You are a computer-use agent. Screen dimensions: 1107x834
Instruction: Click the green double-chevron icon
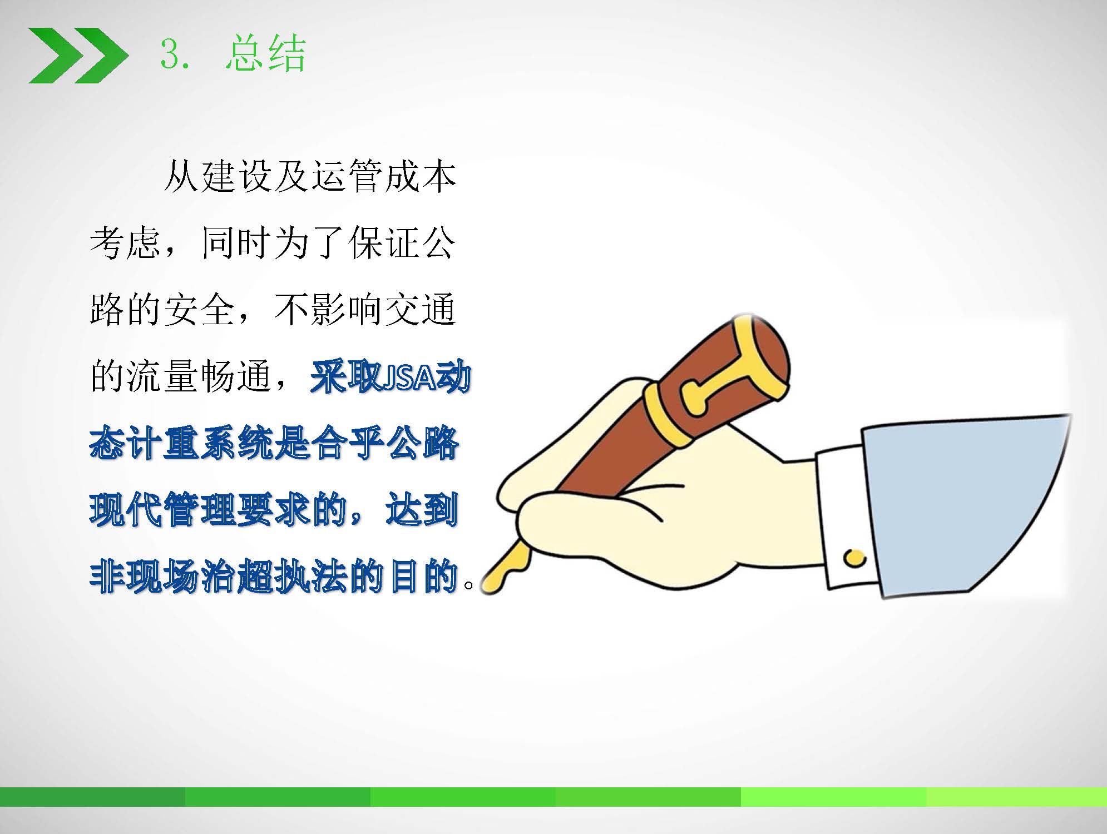(x=78, y=55)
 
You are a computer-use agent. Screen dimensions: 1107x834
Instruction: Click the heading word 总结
(x=266, y=53)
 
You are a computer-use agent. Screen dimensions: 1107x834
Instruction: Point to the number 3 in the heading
(x=170, y=55)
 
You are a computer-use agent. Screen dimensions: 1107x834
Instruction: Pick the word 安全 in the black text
(x=199, y=310)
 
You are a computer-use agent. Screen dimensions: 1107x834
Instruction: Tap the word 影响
(x=347, y=310)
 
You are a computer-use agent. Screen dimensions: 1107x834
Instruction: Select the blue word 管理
(x=199, y=510)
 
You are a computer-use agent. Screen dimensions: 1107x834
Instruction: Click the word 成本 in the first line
(x=421, y=177)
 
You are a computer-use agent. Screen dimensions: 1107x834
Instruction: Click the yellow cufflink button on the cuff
(x=854, y=557)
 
